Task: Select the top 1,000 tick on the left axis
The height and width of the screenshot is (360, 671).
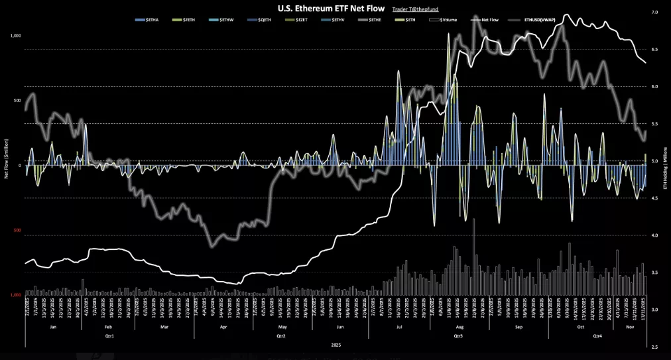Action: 16,36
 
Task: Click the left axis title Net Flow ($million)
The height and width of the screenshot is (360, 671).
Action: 6,159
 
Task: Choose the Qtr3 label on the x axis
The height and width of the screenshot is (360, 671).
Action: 457,335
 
